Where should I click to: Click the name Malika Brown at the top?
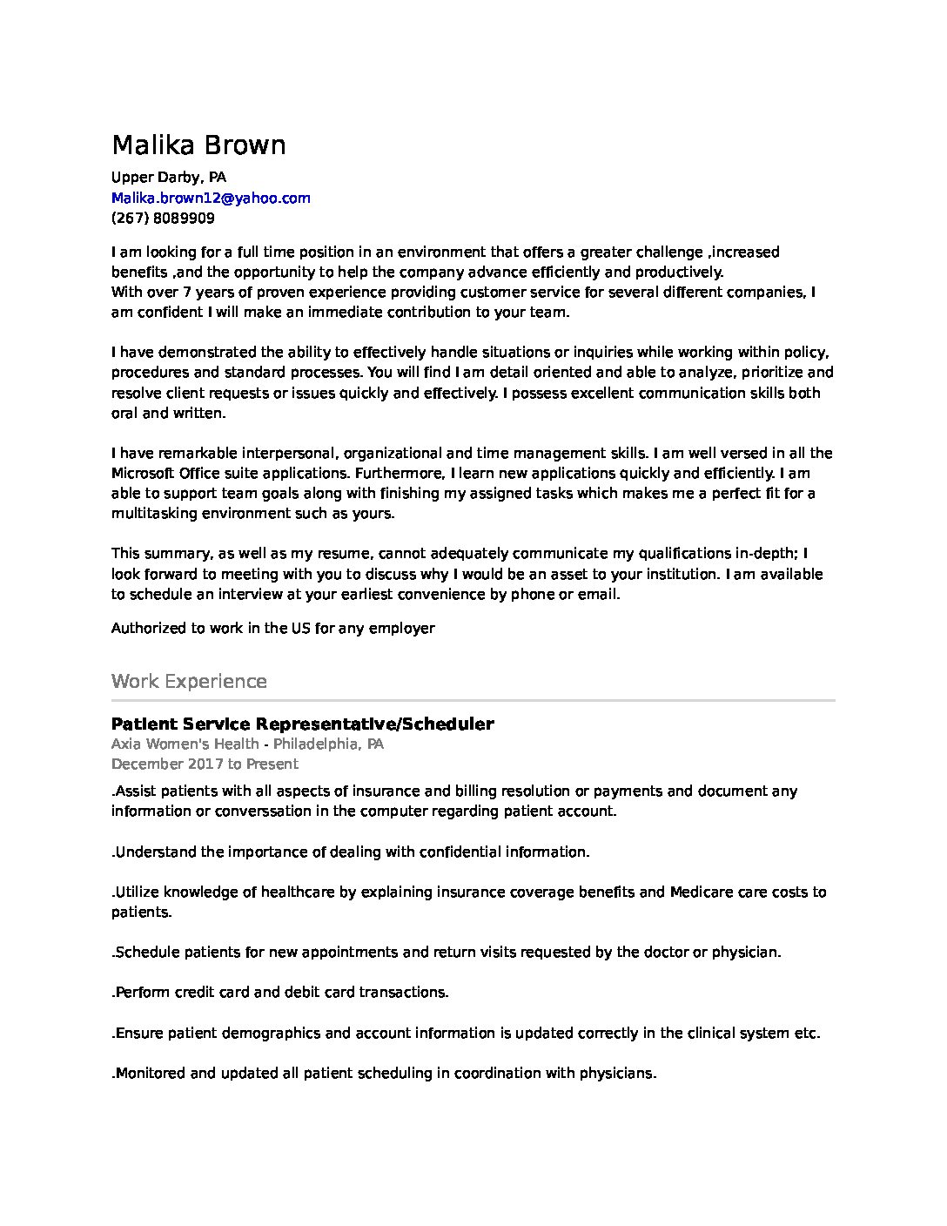[198, 145]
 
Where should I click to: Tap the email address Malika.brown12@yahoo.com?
[211, 198]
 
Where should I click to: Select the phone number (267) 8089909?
[163, 218]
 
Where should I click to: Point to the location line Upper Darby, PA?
[168, 178]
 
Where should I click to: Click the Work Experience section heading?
[189, 681]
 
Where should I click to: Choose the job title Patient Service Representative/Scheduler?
[302, 724]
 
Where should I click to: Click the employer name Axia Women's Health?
[185, 744]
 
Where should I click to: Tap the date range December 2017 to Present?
[205, 764]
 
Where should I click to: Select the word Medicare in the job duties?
[702, 892]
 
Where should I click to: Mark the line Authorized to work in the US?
[272, 628]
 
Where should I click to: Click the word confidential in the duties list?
[460, 852]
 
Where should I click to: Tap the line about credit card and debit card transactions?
[280, 992]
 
